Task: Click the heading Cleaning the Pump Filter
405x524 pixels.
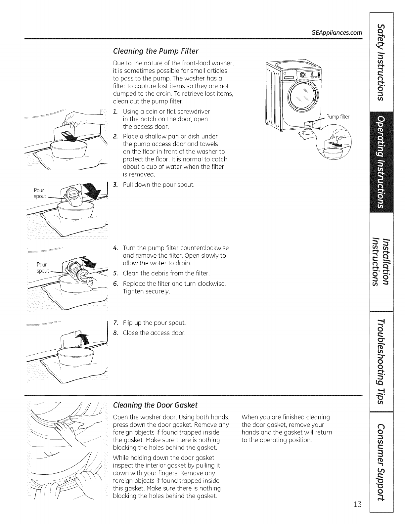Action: (x=156, y=51)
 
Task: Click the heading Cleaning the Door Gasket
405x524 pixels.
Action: (x=155, y=405)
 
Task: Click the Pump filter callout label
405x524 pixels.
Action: (x=338, y=117)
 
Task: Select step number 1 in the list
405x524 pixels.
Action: (x=115, y=111)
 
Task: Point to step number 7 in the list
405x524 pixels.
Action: (x=115, y=323)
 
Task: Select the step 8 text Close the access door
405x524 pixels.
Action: (x=154, y=332)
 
